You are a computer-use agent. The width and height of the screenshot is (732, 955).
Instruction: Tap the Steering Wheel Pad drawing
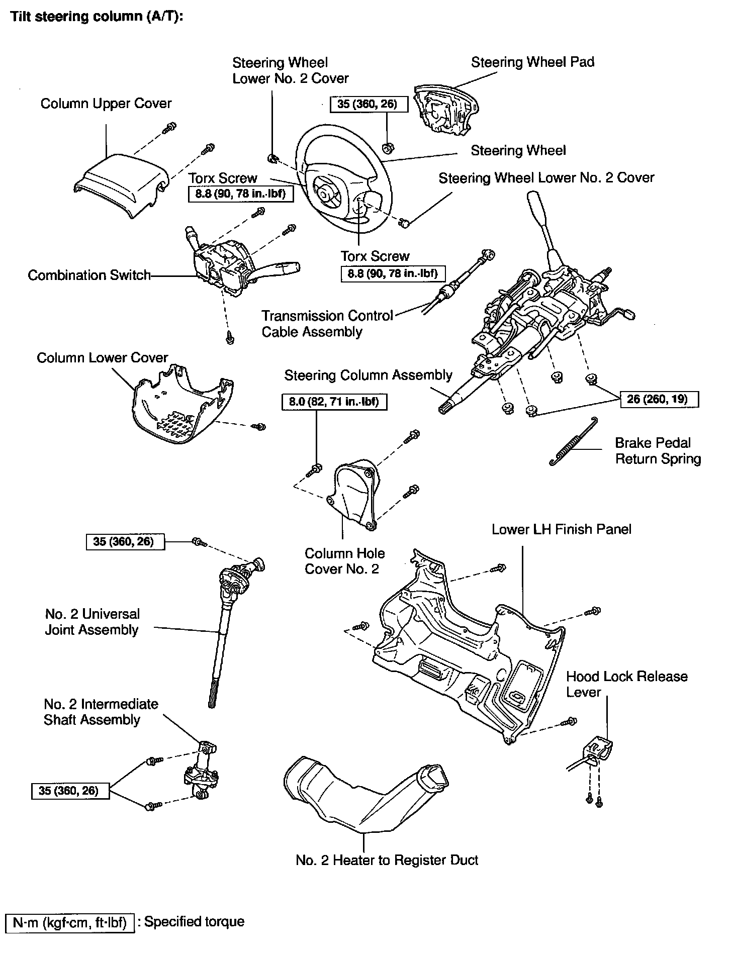445,111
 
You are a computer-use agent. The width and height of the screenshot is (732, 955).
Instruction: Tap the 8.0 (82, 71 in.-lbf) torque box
334,402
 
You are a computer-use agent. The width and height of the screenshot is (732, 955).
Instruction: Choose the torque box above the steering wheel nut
368,105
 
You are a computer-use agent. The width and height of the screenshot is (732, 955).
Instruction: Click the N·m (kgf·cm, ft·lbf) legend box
70,922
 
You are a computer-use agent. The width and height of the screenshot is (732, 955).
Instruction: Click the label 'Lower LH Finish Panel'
561,529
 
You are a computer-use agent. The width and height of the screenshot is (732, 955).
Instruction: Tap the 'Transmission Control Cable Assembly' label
327,324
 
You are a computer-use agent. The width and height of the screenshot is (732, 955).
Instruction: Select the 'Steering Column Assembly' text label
368,375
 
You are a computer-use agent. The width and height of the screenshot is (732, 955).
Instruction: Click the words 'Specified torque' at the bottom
194,922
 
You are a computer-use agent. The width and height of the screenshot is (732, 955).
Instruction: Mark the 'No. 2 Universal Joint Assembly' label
92,622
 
